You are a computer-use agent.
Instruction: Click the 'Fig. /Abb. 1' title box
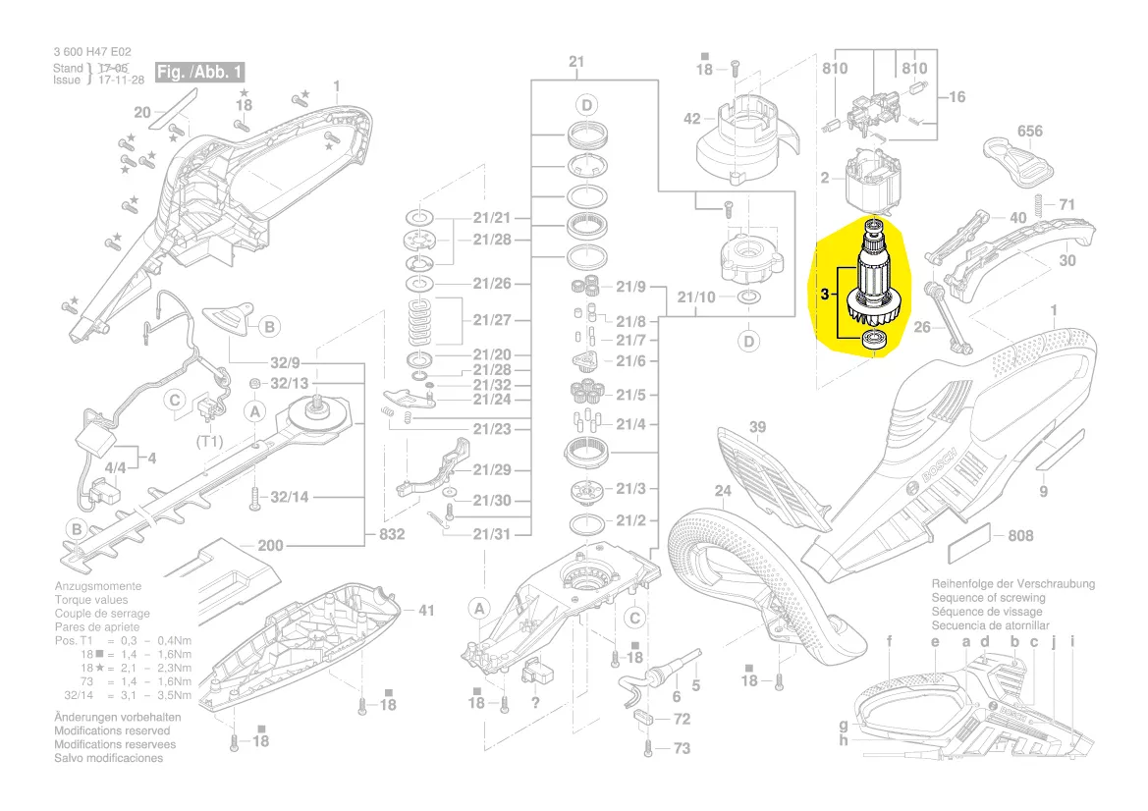200,73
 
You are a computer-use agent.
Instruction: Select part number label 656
1029,131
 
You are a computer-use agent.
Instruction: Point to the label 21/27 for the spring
492,320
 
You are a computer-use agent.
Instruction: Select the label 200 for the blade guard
269,546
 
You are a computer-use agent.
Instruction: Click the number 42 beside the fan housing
692,119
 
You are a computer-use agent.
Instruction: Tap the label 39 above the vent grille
756,427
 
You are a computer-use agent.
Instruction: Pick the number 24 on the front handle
723,490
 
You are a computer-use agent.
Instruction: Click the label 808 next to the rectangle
1020,536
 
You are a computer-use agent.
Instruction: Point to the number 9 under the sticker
1043,491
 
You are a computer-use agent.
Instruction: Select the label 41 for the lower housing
425,610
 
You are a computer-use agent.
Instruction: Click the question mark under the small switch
535,702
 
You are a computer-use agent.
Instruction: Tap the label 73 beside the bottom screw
681,748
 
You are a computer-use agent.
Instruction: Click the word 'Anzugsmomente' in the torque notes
90,586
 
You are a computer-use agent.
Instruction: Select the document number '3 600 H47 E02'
92,52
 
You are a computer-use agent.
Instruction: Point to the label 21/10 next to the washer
697,296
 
